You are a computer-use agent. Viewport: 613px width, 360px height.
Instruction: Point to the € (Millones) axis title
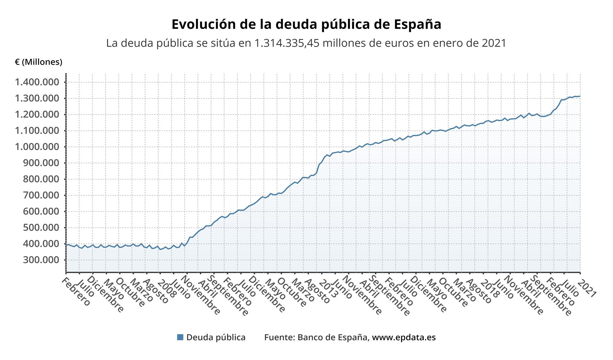coord(38,62)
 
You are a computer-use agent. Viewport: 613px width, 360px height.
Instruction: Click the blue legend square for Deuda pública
coord(180,337)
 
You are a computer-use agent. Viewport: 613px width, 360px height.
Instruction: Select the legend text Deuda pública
coord(216,337)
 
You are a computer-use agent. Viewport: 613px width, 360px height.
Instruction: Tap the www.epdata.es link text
coord(404,337)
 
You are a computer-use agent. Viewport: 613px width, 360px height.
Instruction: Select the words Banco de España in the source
coord(332,337)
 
